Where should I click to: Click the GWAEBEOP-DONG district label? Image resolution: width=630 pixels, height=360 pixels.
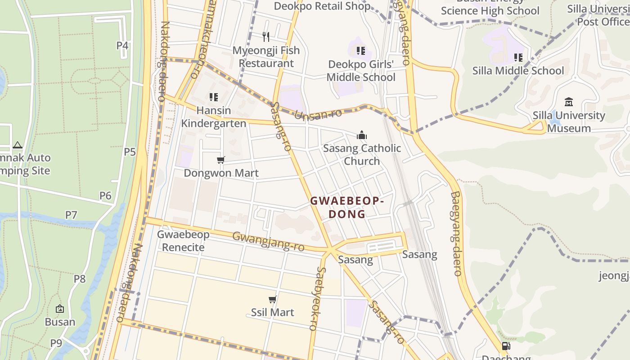[347, 207]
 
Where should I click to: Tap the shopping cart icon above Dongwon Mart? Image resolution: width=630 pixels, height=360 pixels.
[220, 160]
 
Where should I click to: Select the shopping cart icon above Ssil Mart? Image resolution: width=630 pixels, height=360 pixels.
[272, 299]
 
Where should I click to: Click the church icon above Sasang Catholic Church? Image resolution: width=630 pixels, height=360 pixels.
[361, 135]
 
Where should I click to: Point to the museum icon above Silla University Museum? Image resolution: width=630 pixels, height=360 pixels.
[568, 102]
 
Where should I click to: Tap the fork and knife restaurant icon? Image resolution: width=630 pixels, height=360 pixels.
[266, 37]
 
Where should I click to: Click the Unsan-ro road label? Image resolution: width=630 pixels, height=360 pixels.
[318, 114]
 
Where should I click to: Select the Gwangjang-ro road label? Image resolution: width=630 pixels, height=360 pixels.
[268, 242]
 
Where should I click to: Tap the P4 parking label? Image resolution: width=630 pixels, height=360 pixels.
[122, 45]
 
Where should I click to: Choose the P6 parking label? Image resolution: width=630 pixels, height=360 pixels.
[105, 195]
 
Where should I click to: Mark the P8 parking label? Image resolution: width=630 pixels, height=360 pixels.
[80, 279]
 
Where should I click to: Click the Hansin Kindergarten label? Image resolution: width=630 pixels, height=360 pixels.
[214, 117]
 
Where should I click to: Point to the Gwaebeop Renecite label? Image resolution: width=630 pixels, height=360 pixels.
[183, 241]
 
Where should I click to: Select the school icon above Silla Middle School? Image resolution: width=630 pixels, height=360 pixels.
[518, 58]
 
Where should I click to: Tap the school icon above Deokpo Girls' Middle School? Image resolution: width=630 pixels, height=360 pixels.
[360, 51]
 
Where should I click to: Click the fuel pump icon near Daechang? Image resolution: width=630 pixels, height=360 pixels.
[506, 346]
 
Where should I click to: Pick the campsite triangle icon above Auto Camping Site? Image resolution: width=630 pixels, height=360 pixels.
[18, 145]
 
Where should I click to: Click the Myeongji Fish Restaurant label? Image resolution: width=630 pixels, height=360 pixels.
[266, 57]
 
